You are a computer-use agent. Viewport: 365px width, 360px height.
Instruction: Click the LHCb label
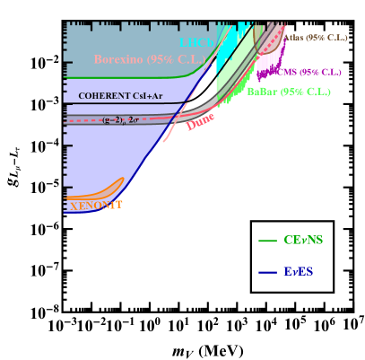[x=196, y=42]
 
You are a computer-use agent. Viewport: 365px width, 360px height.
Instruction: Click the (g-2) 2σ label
[x=119, y=119]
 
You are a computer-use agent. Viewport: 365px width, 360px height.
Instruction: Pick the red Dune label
[x=200, y=122]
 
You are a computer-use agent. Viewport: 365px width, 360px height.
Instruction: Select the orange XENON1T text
[x=96, y=206]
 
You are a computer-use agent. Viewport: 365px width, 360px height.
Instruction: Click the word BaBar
[x=261, y=92]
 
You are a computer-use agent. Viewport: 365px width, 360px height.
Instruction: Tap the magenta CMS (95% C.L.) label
[x=309, y=72]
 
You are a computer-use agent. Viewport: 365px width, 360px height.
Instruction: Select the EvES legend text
[x=299, y=272]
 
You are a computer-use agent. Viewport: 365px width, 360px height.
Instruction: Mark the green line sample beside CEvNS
[x=267, y=241]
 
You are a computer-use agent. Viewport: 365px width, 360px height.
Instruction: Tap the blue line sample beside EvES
[x=267, y=272]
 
